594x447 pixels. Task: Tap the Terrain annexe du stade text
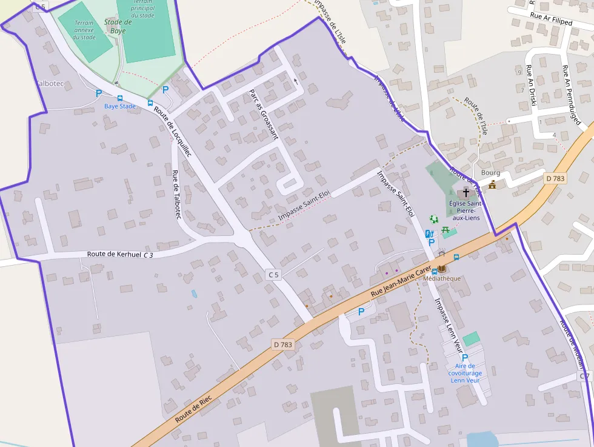coord(84,30)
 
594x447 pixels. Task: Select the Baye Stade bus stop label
coord(120,106)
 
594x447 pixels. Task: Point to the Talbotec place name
coord(49,83)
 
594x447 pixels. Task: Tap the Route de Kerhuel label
coord(114,255)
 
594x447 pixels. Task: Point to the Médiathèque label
coord(442,278)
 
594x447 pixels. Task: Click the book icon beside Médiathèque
coord(442,269)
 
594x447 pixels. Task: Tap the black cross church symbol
coord(466,192)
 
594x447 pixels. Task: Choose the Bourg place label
coord(490,173)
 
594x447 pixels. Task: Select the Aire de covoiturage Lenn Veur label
coord(465,373)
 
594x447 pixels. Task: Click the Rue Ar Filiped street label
coord(551,19)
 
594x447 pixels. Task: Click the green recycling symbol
coord(433,219)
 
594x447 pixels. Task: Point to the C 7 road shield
coord(584,377)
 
